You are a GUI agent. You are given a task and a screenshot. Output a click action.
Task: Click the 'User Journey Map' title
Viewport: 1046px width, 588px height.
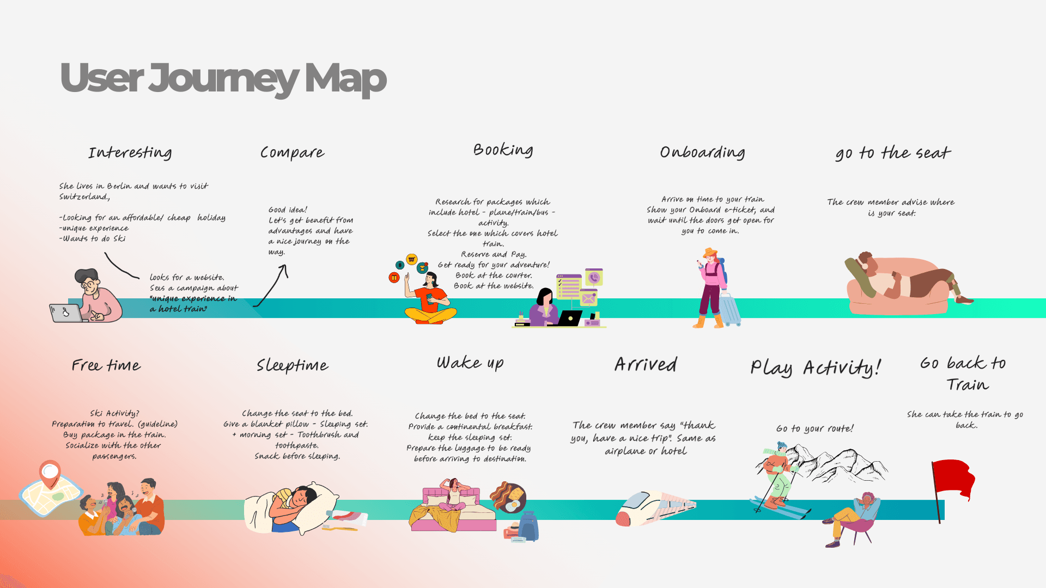pos(223,78)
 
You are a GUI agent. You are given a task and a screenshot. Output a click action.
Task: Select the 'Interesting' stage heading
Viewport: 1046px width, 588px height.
pos(130,152)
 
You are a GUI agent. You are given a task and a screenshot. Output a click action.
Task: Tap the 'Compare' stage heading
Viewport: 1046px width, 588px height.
pos(292,152)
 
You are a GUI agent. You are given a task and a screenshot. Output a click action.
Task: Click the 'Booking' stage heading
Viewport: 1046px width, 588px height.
pos(503,150)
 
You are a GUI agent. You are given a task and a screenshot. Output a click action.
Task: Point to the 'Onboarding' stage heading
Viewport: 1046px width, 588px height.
pos(702,152)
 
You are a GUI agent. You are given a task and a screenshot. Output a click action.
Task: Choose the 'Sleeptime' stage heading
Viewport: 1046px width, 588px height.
pos(293,365)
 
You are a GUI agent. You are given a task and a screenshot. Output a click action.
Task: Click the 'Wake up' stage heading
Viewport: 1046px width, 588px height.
pos(470,363)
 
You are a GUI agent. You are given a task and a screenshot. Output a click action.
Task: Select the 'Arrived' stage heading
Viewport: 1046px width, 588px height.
pos(646,364)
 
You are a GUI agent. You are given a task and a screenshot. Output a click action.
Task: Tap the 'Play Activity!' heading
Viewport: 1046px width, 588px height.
pos(815,368)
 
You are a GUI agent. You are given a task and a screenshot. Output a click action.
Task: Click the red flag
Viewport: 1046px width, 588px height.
pos(953,479)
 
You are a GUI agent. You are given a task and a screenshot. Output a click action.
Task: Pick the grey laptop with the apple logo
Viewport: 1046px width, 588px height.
pos(65,313)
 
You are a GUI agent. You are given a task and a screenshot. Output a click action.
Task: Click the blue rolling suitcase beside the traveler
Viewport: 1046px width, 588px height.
pos(730,309)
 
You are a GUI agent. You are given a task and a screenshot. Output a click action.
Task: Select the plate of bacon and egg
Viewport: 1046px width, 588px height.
pos(508,497)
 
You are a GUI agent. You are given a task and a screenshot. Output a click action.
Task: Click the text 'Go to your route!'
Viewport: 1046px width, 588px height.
pos(814,428)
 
